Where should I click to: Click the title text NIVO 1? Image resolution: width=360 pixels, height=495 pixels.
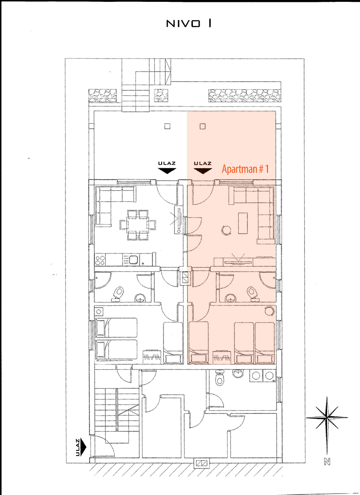tap(189, 24)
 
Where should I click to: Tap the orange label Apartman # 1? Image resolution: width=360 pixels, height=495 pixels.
tap(245, 169)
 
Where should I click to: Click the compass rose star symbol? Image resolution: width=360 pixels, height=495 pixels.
tap(327, 418)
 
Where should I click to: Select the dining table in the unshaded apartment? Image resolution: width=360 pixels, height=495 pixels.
tap(138, 225)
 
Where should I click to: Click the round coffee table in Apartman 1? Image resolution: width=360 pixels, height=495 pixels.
tap(227, 230)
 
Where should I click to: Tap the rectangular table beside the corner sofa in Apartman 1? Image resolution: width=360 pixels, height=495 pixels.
tap(243, 223)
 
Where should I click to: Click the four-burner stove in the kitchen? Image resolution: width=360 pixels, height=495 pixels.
tap(100, 260)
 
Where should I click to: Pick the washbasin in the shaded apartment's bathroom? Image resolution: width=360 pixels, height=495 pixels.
tap(232, 297)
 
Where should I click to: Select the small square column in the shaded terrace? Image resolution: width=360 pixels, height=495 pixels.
tap(203, 126)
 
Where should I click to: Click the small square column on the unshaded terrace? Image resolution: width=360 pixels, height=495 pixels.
tap(168, 126)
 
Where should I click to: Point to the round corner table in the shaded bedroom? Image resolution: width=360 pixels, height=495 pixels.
tap(269, 311)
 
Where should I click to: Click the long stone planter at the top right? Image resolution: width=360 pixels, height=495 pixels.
tap(245, 96)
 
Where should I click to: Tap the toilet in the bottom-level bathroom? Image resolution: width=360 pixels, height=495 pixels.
tap(219, 378)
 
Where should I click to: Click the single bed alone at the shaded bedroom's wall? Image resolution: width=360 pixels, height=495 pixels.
tap(198, 342)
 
